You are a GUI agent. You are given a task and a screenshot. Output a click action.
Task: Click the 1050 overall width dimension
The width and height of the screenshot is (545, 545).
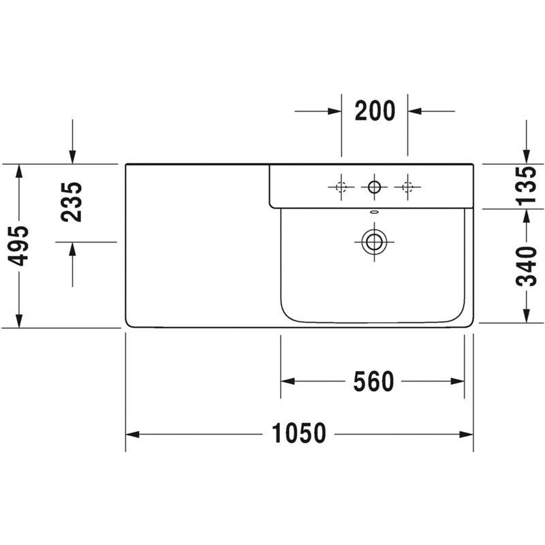click(299, 433)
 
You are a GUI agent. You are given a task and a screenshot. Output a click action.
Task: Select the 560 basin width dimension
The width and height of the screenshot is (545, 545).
click(373, 381)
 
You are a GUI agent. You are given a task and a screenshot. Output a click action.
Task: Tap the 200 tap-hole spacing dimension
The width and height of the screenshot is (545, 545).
click(375, 110)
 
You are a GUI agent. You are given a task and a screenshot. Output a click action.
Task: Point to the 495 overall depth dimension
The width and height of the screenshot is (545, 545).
click(18, 246)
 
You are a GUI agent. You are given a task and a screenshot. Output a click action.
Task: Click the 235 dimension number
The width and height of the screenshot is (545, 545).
click(72, 202)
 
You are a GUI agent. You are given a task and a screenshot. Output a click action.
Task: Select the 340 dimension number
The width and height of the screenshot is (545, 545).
click(526, 266)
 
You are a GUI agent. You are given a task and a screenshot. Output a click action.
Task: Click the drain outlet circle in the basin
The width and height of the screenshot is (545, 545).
click(374, 242)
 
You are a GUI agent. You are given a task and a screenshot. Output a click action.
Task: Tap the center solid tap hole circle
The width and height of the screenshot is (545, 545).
click(374, 187)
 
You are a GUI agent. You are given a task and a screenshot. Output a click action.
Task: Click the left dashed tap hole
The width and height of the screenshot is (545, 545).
click(341, 187)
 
